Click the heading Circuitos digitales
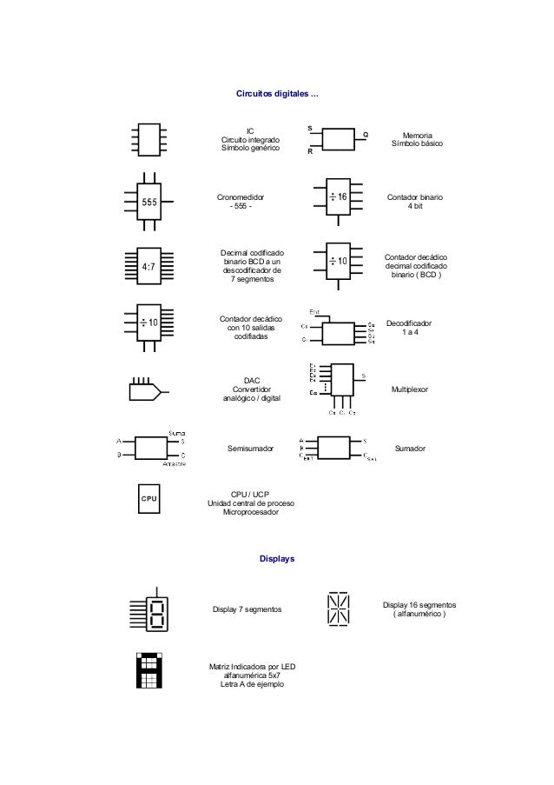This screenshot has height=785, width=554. [x=277, y=93]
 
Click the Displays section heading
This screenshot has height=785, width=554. [x=277, y=558]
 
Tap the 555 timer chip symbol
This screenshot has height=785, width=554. [x=151, y=202]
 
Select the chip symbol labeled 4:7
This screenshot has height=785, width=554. [x=149, y=266]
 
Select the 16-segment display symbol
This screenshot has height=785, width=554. [x=339, y=609]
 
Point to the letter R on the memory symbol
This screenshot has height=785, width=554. [x=309, y=152]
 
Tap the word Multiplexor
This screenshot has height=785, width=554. [x=416, y=389]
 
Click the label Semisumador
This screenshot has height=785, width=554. [x=250, y=449]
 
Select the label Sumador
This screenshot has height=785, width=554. [x=416, y=449]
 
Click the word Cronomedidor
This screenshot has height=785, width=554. [x=240, y=198]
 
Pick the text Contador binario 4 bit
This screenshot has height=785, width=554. [x=416, y=203]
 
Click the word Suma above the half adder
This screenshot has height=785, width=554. [x=175, y=432]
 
